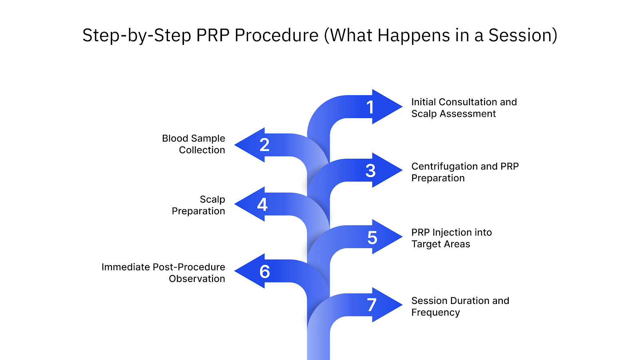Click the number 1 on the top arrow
(370, 107)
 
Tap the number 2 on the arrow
(264, 145)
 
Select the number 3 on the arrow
(370, 171)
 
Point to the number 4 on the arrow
(262, 204)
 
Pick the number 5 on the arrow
(372, 238)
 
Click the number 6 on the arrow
(264, 272)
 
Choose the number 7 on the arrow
(372, 305)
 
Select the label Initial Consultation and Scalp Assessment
(464, 108)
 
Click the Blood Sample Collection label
(194, 144)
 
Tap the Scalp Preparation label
(199, 205)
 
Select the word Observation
(197, 279)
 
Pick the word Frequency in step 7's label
(435, 312)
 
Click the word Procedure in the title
(276, 36)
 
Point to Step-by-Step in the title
(136, 36)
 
